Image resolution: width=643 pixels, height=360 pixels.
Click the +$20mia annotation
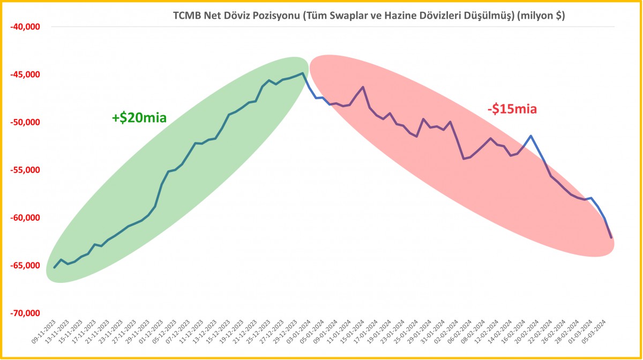coord(139,118)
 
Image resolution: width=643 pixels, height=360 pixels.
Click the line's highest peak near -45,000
coord(303,73)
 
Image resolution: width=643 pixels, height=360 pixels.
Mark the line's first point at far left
coord(54,268)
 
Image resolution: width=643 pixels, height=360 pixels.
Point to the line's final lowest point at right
coord(611,237)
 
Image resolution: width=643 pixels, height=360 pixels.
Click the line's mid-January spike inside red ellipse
coord(363,87)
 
